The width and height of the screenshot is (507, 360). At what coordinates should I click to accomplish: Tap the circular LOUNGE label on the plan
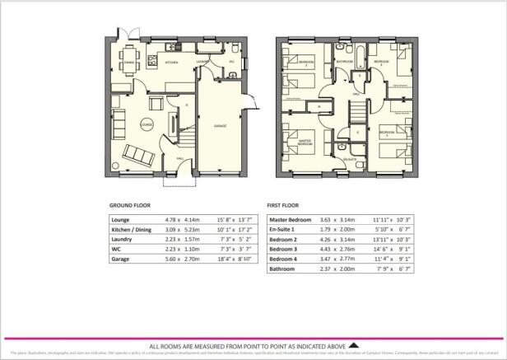click(147, 124)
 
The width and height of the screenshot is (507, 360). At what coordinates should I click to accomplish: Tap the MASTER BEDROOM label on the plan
click(306, 142)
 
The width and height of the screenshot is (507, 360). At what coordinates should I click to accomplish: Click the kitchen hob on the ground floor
click(152, 61)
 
